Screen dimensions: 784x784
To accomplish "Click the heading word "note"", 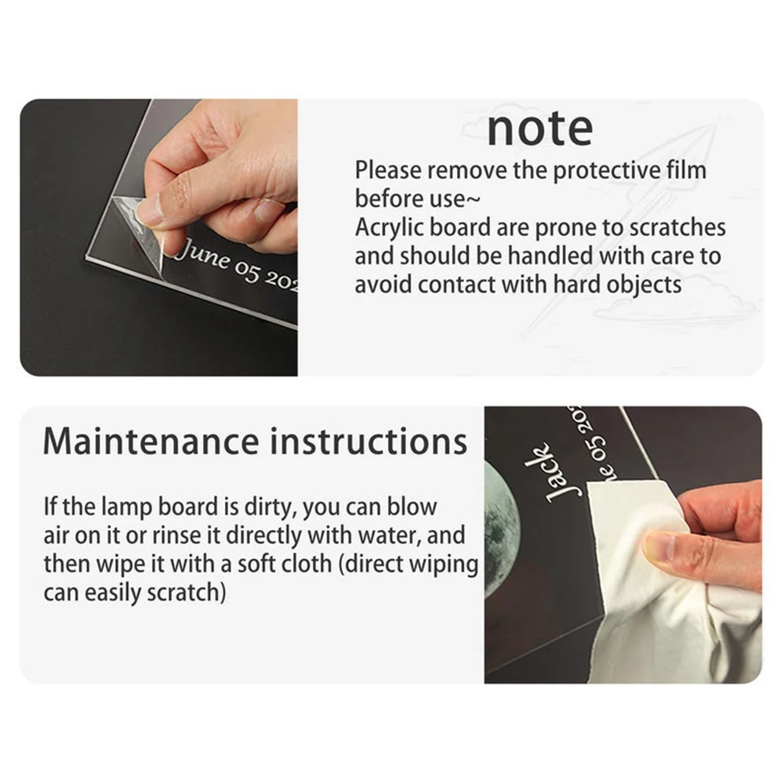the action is coord(540,129).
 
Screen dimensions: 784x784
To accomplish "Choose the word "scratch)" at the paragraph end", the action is coord(186,593).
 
